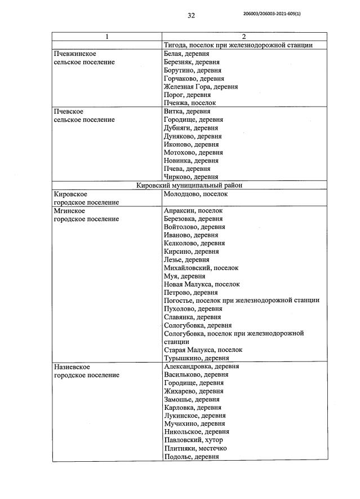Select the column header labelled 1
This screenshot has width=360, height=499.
point(107,37)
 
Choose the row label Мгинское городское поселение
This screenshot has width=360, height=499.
point(86,215)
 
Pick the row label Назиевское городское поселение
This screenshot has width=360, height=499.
point(86,370)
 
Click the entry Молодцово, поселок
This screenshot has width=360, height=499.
point(195,194)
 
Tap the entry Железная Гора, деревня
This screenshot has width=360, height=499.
point(200,87)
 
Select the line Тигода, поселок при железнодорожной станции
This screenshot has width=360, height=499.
point(238,45)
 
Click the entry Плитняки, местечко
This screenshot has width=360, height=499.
point(195,448)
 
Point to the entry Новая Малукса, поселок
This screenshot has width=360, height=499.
point(201,285)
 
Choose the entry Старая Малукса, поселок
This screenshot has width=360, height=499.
point(203,350)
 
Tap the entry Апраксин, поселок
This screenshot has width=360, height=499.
point(193,210)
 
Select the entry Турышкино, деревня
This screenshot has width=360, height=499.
point(196,358)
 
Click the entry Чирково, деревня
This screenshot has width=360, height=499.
point(191,176)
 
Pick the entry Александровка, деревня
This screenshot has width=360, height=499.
point(201,366)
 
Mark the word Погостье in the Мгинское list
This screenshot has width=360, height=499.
point(179,301)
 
